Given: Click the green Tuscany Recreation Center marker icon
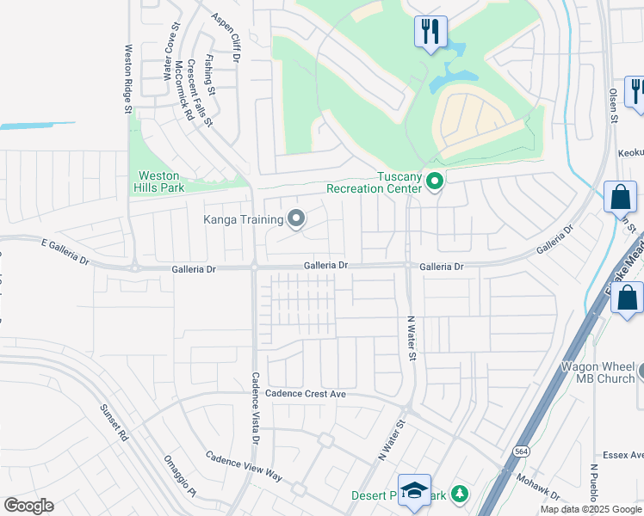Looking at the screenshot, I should point(435,181).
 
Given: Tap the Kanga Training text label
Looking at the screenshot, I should point(243,219).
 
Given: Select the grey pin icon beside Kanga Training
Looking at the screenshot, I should point(296,219).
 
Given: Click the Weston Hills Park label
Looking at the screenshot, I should point(158,181).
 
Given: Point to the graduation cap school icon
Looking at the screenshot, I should point(414,492).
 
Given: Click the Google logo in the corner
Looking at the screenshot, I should point(28,506).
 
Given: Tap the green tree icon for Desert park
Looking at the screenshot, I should point(461,494).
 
